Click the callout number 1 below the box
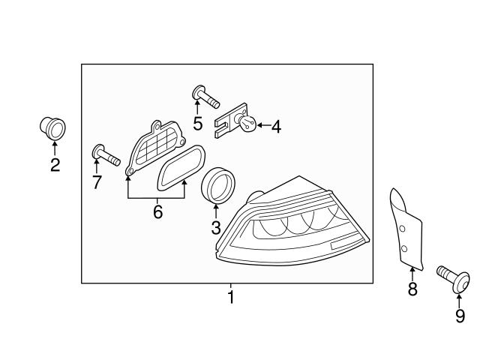tap(231, 298)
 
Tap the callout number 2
tap(55, 165)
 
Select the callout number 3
tap(216, 228)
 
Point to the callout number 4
tap(276, 127)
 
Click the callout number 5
tap(197, 122)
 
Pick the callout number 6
tap(157, 212)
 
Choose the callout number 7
tap(97, 181)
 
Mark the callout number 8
tap(412, 289)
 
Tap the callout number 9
tap(460, 316)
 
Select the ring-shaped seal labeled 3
tap(219, 183)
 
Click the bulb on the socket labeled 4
tap(247, 123)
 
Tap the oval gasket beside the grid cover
tap(181, 166)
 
